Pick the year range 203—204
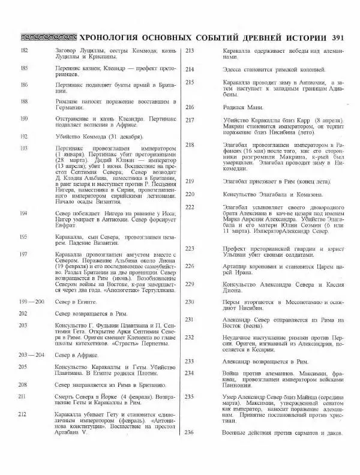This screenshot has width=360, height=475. pos(28,355)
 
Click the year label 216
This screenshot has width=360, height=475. pos(190,107)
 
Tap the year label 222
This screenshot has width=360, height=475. pos(190,207)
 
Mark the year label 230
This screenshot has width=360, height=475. pos(190,302)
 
